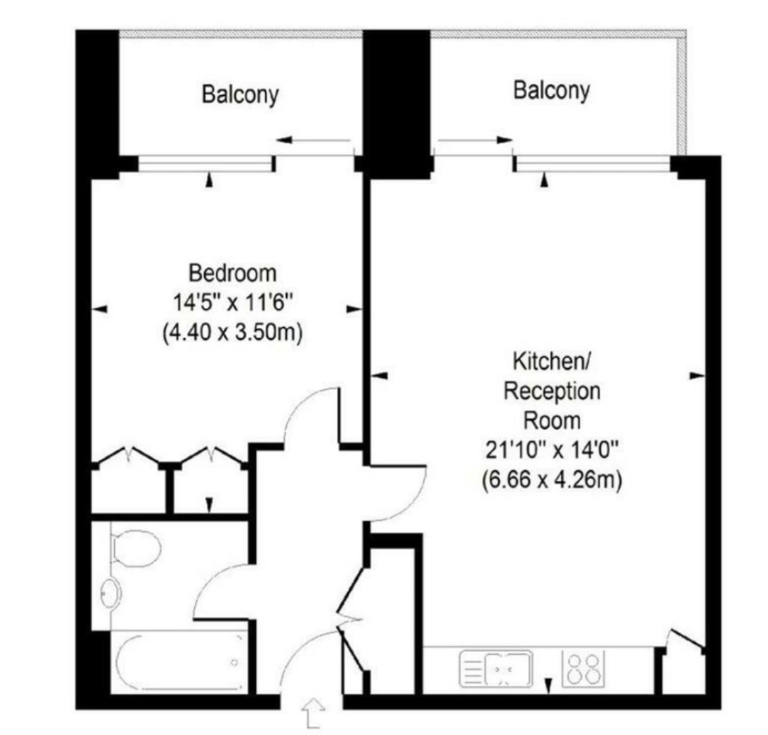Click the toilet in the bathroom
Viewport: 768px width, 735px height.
pos(136,546)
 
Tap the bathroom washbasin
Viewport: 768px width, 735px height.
pos(111,594)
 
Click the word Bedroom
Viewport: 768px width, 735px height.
pos(232,272)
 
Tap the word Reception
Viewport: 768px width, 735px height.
pos(551,391)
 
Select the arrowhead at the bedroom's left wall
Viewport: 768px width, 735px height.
pos(100,308)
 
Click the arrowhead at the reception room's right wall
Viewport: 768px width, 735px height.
pos(696,376)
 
